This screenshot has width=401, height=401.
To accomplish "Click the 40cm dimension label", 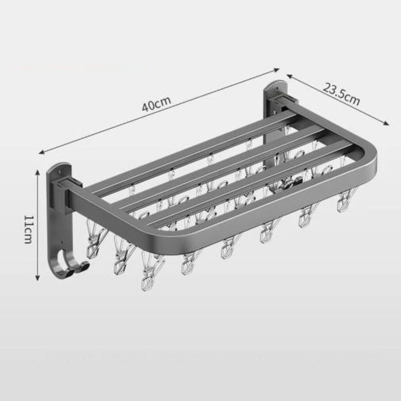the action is [157, 103].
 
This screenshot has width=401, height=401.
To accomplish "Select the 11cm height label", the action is [28, 229].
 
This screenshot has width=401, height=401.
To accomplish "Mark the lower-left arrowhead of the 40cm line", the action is [42, 152].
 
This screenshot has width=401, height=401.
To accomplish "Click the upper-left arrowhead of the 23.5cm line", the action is [290, 76].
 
